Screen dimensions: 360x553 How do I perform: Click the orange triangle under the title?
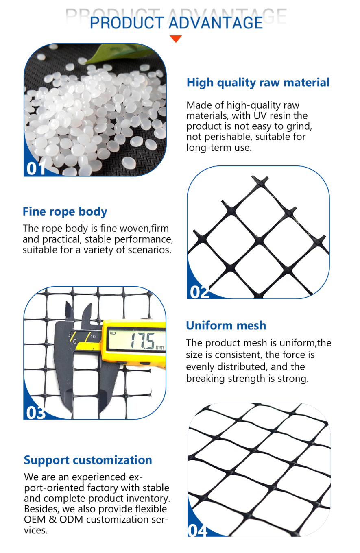pyautogui.click(x=176, y=39)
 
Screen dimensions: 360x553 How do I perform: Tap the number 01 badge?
pyautogui.click(x=36, y=169)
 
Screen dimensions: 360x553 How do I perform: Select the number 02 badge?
pyautogui.click(x=199, y=292)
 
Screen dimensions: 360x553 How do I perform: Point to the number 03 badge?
pyautogui.click(x=36, y=413)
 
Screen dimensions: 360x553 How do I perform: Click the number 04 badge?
pyautogui.click(x=198, y=530)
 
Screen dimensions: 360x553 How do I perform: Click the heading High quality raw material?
pyautogui.click(x=258, y=83)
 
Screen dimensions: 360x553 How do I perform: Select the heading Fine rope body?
pyautogui.click(x=65, y=212)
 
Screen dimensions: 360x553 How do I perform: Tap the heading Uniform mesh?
pyautogui.click(x=226, y=325)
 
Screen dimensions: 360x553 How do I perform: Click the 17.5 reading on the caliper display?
pyautogui.click(x=142, y=341)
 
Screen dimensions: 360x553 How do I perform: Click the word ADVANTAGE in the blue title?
pyautogui.click(x=216, y=23)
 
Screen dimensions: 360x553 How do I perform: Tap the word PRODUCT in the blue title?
pyautogui.click(x=127, y=23)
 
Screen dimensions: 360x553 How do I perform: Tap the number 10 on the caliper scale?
pyautogui.click(x=93, y=337)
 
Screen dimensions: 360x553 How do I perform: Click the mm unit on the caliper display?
pyautogui.click(x=160, y=348)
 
